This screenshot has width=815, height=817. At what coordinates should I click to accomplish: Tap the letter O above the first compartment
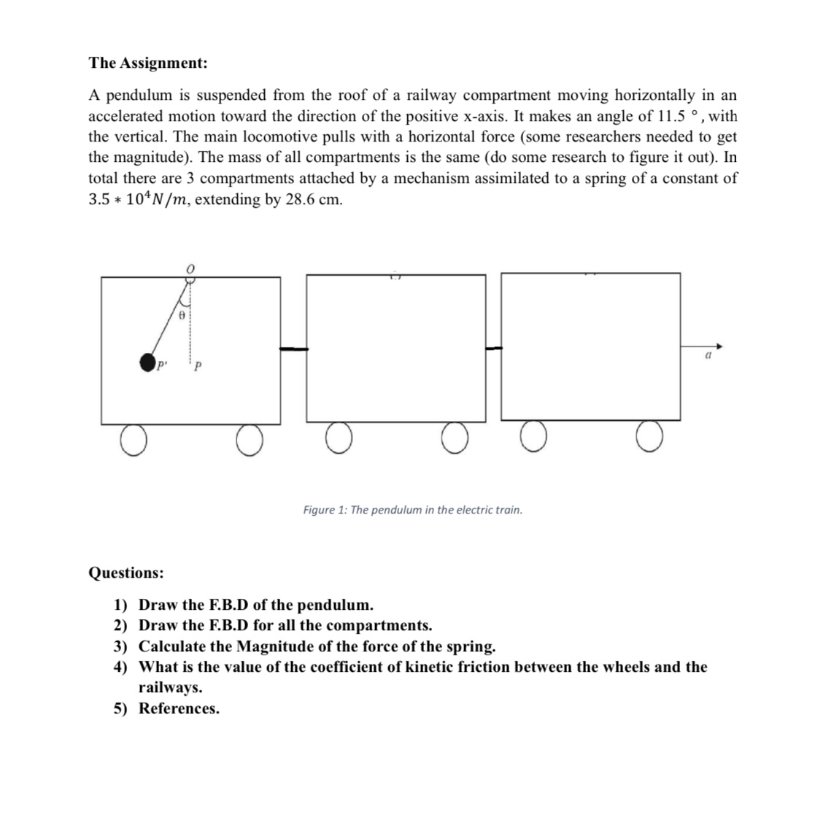[190, 270]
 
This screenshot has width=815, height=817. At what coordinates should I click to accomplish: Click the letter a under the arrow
[707, 357]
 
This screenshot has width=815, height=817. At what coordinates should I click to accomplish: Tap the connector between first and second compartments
[293, 349]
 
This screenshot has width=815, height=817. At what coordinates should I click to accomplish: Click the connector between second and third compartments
[494, 349]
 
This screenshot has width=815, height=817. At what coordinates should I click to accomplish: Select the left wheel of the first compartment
[132, 441]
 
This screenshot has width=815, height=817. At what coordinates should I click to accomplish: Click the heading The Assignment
[147, 63]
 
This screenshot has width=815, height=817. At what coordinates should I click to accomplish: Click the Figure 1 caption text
[412, 509]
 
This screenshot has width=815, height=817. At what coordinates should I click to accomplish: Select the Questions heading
[125, 573]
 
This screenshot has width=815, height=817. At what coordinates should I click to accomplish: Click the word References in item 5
[179, 708]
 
